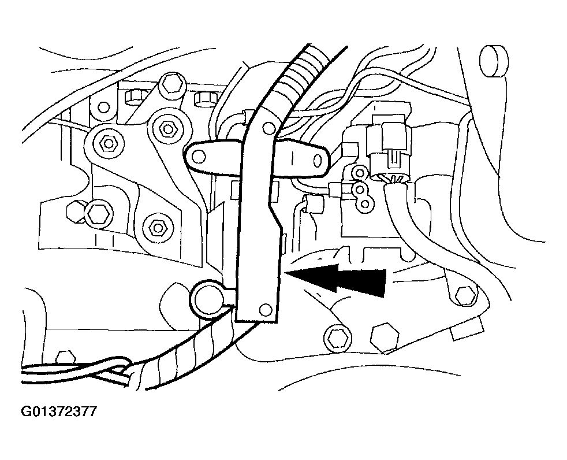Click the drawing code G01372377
[59, 411]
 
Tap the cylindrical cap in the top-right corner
[493, 61]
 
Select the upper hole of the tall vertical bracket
[268, 127]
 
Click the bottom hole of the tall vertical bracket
[266, 309]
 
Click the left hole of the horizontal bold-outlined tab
[198, 157]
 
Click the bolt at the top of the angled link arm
[172, 86]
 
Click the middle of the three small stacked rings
[360, 188]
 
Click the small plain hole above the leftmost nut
[104, 107]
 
